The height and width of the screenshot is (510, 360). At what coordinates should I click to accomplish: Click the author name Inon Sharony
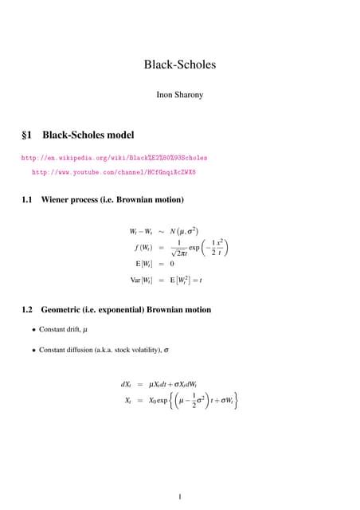(x=180, y=95)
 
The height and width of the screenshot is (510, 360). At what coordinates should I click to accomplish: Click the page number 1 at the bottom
(x=180, y=498)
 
